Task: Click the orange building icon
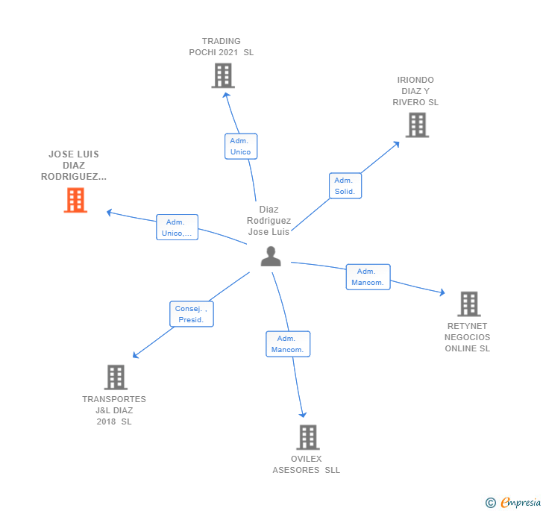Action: click(75, 200)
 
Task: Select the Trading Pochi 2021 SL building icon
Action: click(223, 75)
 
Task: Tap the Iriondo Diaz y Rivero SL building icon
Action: click(417, 125)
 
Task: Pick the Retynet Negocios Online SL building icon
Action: click(468, 304)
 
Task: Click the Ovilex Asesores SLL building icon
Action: click(307, 437)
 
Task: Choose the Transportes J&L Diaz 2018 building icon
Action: click(116, 377)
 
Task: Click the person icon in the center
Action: click(270, 256)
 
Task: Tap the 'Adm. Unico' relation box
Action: click(240, 146)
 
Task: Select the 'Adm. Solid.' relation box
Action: click(345, 186)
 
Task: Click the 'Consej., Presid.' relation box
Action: click(192, 314)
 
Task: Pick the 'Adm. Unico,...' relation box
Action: click(177, 228)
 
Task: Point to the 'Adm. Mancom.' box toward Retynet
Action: click(368, 277)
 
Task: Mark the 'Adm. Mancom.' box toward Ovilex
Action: click(287, 344)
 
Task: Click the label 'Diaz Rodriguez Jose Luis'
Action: click(269, 221)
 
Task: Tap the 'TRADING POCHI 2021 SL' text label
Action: click(222, 47)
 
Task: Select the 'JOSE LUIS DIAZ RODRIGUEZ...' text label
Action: click(74, 166)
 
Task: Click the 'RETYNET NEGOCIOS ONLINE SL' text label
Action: click(468, 337)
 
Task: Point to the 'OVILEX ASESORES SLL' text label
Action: click(307, 465)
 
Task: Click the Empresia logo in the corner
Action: click(514, 502)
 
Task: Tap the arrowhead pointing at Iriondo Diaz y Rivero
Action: click(397, 142)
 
